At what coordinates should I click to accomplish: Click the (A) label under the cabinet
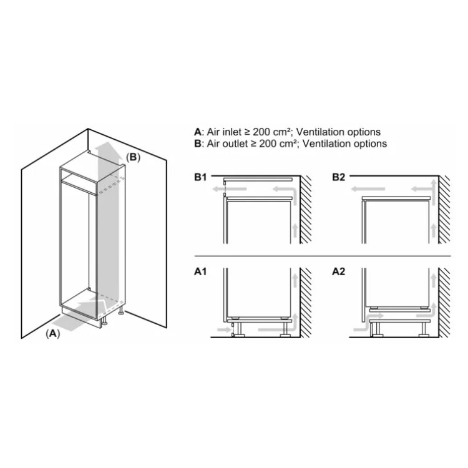[x=53, y=333]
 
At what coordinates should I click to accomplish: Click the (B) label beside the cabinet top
[x=133, y=157]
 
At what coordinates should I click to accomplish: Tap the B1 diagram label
[x=200, y=177]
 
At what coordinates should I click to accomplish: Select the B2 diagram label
[x=338, y=177]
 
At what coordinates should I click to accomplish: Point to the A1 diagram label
[x=200, y=271]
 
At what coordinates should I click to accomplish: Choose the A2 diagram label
[x=338, y=271]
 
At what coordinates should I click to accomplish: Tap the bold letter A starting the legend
[x=198, y=132]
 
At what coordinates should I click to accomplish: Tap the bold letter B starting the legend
[x=198, y=144]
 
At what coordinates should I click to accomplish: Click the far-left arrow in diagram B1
[x=230, y=189]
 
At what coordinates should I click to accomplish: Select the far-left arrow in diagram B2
[x=368, y=189]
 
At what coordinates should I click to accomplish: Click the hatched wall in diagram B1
[x=306, y=210]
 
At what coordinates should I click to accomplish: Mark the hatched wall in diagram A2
[x=444, y=303]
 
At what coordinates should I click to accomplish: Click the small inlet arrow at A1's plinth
[x=224, y=329]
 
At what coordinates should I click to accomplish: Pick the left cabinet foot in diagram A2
[x=376, y=329]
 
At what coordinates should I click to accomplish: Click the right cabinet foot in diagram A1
[x=285, y=329]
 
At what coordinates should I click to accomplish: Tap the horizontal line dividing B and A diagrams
[x=323, y=256]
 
